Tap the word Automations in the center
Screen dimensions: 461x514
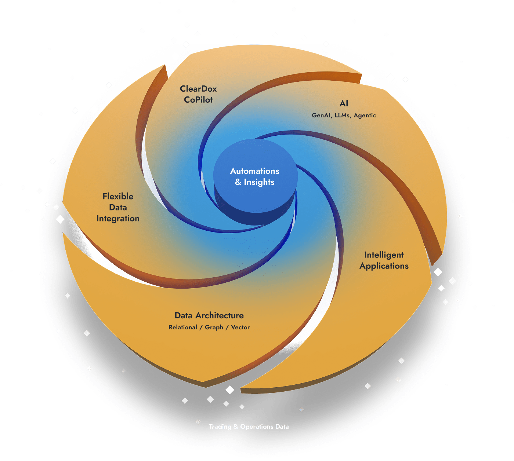[254, 171]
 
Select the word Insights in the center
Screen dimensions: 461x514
[259, 182]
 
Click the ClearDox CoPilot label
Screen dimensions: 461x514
[198, 94]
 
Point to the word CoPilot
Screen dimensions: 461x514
[198, 100]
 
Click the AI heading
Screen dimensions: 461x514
[344, 104]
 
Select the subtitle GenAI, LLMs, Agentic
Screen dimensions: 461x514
[344, 116]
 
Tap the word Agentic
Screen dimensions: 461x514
[365, 116]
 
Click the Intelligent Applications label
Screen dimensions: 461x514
[384, 260]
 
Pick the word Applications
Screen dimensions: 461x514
[384, 266]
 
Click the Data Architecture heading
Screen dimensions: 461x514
[209, 316]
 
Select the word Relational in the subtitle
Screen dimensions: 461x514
[182, 328]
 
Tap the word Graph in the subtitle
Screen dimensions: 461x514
[214, 328]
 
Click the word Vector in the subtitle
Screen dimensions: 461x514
[240, 328]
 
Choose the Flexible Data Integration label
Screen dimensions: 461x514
[118, 208]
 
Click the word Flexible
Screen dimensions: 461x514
[118, 197]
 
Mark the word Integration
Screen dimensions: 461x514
[118, 219]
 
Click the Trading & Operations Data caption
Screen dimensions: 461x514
[249, 427]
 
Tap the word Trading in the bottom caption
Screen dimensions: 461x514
[220, 427]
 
